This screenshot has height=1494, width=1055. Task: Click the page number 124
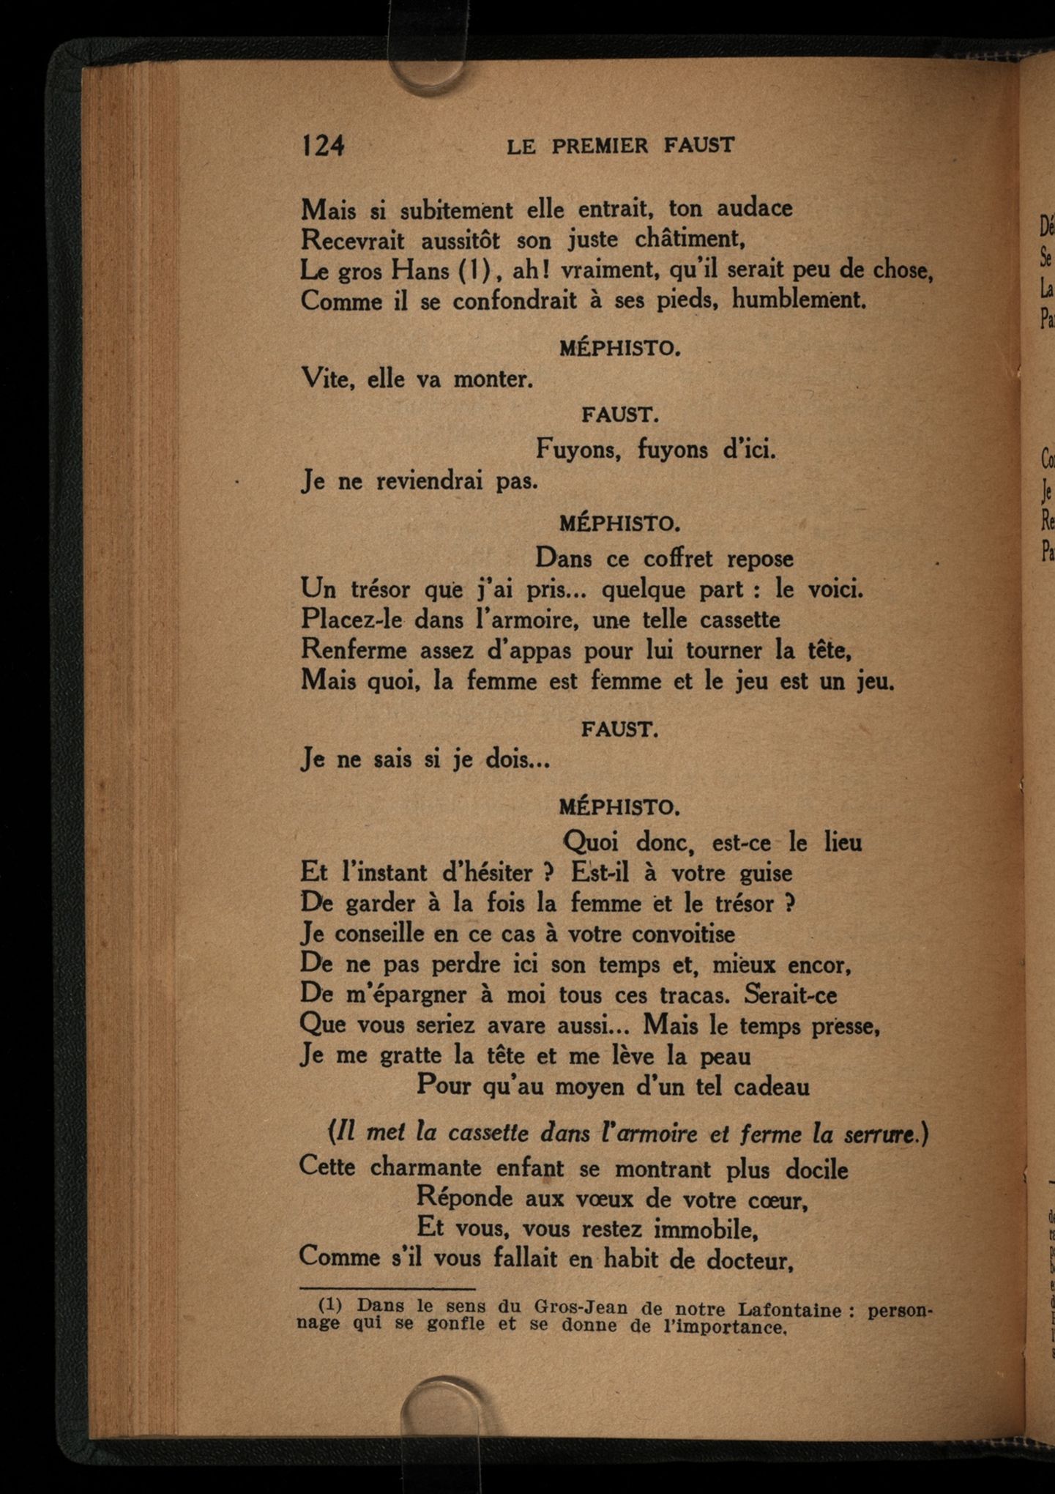[x=322, y=145]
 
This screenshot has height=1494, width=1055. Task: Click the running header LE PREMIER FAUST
[x=620, y=146]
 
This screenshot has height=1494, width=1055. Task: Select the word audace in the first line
[x=754, y=209]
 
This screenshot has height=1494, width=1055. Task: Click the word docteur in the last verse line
[x=750, y=1259]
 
